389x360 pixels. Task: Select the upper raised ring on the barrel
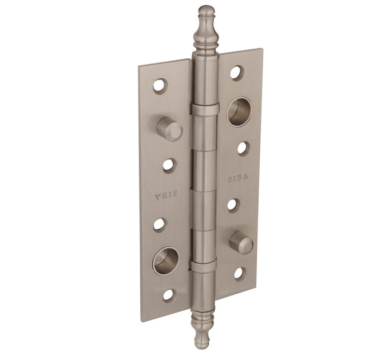click(x=205, y=109)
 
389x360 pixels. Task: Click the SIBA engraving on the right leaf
click(x=237, y=178)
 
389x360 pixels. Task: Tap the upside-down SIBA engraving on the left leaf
click(x=166, y=195)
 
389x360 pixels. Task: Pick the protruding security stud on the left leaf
click(x=170, y=129)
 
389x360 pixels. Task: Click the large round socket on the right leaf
click(x=239, y=111)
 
